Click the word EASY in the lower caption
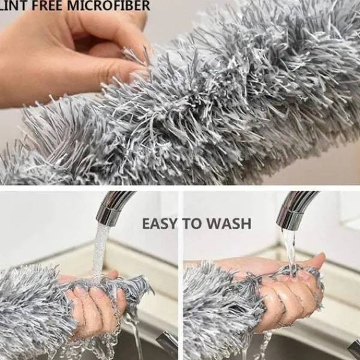click(x=160, y=224)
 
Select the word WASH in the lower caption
click(x=230, y=224)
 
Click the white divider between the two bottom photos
click(x=181, y=275)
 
